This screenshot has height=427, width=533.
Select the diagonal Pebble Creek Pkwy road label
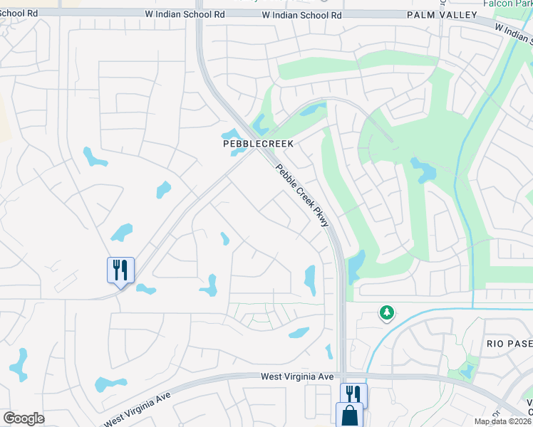(303, 196)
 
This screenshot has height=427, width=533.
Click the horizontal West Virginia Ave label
(297, 376)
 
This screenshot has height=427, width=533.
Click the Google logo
(24, 418)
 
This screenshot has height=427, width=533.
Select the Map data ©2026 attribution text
(502, 421)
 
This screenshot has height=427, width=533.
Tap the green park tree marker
(386, 312)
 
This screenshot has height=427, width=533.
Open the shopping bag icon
(349, 415)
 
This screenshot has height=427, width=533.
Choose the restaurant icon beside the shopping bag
(353, 395)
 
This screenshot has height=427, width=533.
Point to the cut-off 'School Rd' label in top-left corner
(21, 13)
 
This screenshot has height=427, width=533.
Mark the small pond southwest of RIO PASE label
(467, 371)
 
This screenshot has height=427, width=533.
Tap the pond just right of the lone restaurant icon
(145, 289)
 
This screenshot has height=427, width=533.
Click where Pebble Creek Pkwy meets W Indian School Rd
(199, 14)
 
